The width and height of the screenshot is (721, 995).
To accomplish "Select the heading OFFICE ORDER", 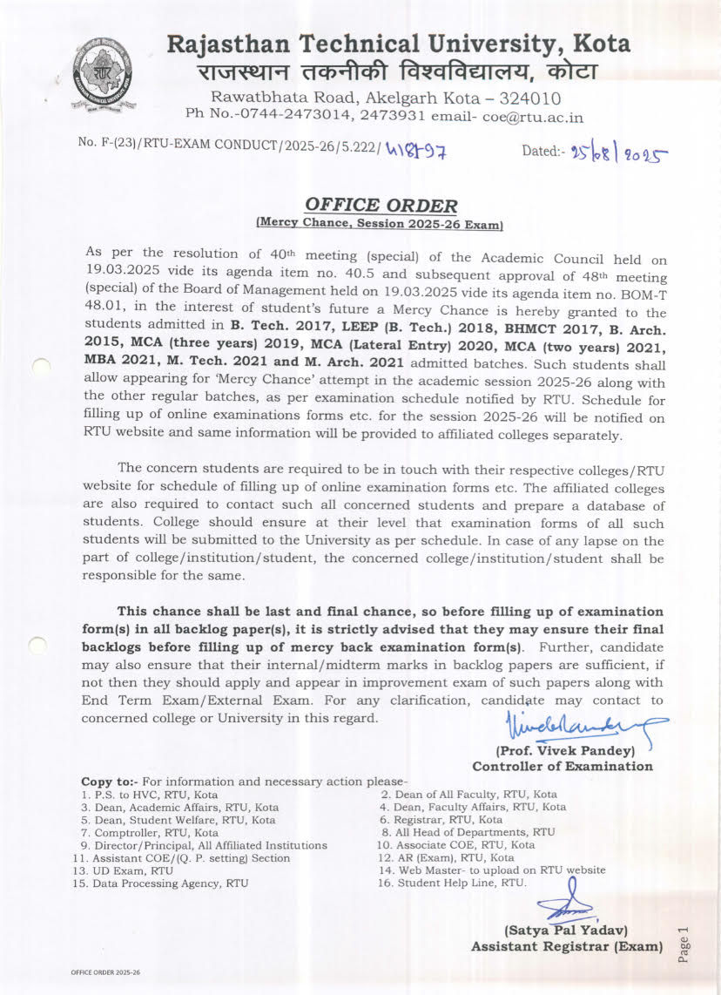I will click(381, 206).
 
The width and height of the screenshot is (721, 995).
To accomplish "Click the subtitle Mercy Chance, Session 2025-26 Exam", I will click(381, 223).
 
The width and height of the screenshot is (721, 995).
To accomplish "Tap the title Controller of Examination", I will click(562, 767).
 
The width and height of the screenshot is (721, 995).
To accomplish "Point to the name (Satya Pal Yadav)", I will click(567, 931).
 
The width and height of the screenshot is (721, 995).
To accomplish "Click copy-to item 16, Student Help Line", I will click(452, 883).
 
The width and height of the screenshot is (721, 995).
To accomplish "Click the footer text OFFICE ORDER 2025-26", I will click(105, 972).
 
